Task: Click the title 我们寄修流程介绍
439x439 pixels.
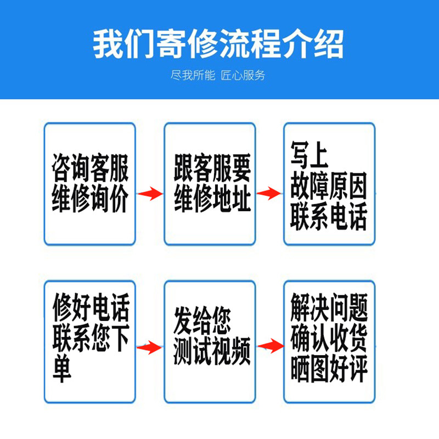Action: (x=218, y=44)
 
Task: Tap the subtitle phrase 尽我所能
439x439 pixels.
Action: (x=193, y=75)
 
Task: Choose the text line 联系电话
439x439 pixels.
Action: (x=329, y=218)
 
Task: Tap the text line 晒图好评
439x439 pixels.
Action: (x=329, y=371)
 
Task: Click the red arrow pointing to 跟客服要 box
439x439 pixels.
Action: (x=149, y=193)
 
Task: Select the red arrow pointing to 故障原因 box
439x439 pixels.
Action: (x=269, y=193)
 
